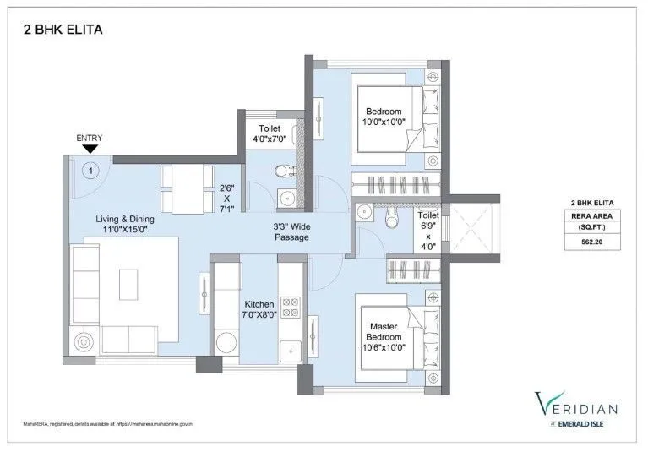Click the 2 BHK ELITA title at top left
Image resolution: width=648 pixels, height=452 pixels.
(x=63, y=31)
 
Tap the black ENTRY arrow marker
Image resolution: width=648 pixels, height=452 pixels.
(x=90, y=150)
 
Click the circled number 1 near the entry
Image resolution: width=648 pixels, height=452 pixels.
(x=90, y=169)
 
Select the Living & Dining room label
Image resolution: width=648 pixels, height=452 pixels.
(x=124, y=224)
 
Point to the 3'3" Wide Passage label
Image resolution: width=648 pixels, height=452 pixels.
(x=291, y=231)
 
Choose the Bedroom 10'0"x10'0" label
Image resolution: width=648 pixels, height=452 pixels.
(x=385, y=116)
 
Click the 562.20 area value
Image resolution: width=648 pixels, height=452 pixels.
(x=591, y=241)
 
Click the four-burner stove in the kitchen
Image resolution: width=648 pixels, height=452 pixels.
(x=291, y=306)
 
